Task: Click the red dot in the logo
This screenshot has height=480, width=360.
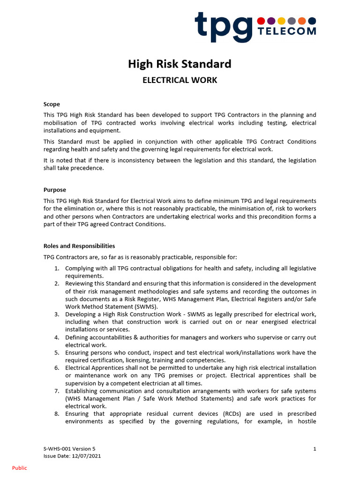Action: click(261, 21)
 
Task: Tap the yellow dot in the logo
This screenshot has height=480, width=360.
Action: click(281, 21)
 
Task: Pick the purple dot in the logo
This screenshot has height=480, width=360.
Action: click(271, 21)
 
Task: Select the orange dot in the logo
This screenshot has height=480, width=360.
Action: click(302, 21)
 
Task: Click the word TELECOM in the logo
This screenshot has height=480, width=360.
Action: click(287, 31)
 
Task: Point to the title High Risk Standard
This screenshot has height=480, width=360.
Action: click(180, 64)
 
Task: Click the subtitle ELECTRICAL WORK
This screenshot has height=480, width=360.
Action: click(180, 80)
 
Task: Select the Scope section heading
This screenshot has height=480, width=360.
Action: click(52, 104)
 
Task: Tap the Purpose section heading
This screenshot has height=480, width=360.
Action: click(55, 190)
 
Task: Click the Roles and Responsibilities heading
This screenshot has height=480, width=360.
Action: click(79, 246)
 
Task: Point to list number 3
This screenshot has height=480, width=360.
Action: click(56, 314)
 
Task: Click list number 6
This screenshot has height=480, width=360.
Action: click(56, 367)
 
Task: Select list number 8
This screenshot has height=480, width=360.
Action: click(56, 414)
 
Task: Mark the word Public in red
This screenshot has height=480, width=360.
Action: click(20, 468)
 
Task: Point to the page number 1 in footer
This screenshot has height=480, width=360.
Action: click(315, 449)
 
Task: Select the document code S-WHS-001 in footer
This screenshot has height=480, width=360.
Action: click(58, 449)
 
